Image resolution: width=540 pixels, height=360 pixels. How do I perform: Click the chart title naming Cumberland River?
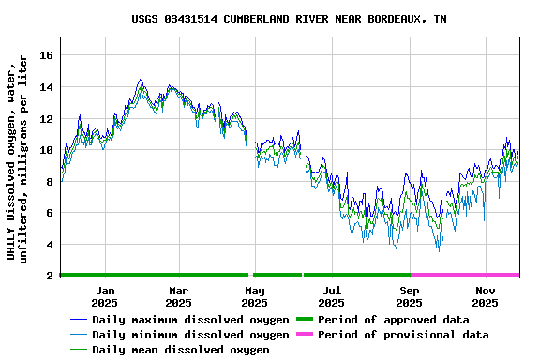[x=289, y=19]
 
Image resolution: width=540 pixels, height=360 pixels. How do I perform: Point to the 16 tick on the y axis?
[x=45, y=55]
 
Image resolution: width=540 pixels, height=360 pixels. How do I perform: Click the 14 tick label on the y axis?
[x=45, y=87]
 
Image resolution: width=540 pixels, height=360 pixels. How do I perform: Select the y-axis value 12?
[x=45, y=119]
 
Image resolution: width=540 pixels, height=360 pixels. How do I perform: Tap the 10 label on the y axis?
[x=45, y=150]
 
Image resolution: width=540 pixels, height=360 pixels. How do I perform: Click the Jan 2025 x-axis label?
[x=104, y=296]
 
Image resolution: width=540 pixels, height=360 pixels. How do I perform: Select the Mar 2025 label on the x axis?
[x=178, y=296]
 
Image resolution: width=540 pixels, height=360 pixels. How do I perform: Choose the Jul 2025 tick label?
[x=332, y=296]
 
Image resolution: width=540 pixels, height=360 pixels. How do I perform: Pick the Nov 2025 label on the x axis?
[x=486, y=296]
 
